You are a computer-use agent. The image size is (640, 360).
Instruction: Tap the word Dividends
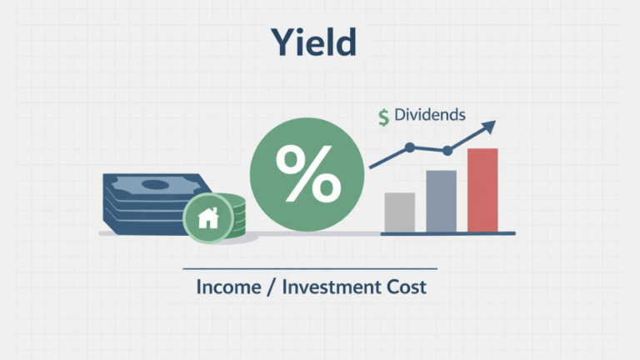(x=431, y=116)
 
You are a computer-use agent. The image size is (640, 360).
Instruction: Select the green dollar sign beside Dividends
(x=383, y=117)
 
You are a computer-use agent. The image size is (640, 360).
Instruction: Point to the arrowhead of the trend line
(x=489, y=127)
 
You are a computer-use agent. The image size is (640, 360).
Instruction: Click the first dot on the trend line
(x=409, y=147)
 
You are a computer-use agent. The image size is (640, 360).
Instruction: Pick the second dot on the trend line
(x=447, y=151)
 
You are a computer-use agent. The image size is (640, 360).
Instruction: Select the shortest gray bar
(x=399, y=212)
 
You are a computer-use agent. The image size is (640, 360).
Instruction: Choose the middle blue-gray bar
(x=441, y=201)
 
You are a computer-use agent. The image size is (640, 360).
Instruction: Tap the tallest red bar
(x=482, y=190)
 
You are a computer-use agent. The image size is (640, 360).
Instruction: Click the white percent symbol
(x=306, y=173)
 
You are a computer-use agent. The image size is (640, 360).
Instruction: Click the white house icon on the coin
(x=207, y=219)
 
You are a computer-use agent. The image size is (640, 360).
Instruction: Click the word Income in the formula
(x=230, y=288)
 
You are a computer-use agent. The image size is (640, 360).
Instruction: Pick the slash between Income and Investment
(x=273, y=288)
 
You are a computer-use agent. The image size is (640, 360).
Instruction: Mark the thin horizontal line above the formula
(x=309, y=268)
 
